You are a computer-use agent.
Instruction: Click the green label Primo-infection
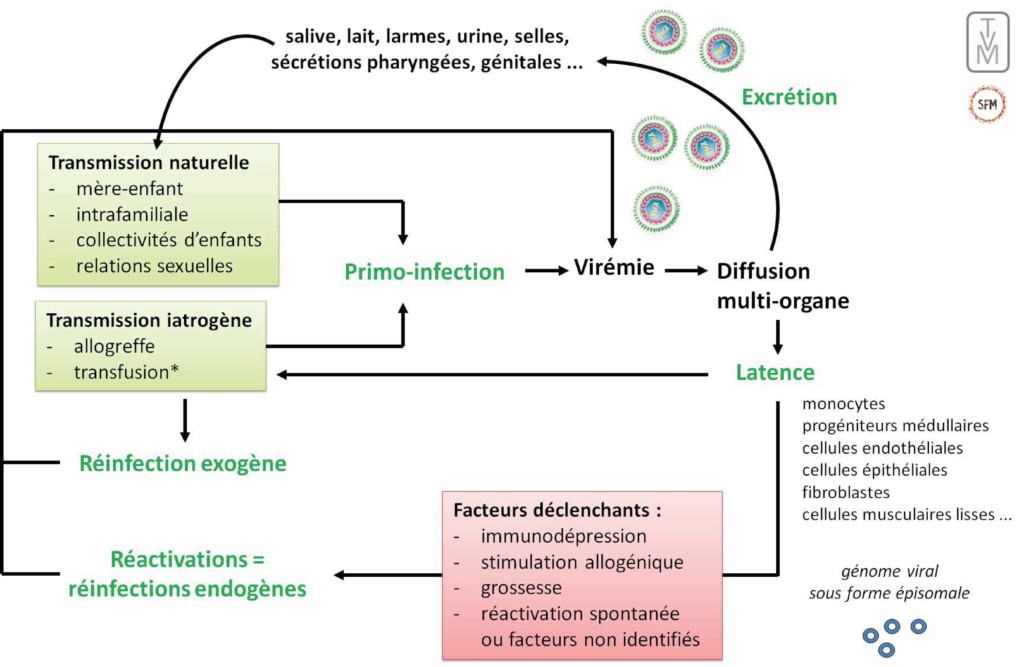(425, 271)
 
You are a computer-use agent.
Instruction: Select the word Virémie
(614, 268)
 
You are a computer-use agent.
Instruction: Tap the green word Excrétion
(789, 97)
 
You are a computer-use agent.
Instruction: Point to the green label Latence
(775, 372)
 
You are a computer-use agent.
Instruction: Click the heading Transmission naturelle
(149, 162)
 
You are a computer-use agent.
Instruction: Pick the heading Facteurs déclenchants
(558, 509)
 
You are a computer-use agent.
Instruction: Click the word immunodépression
(563, 536)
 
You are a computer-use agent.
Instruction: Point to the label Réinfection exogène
(183, 464)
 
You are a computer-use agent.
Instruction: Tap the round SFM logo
(987, 105)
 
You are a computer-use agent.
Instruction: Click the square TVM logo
(987, 42)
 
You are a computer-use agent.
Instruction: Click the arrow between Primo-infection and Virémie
(545, 270)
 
